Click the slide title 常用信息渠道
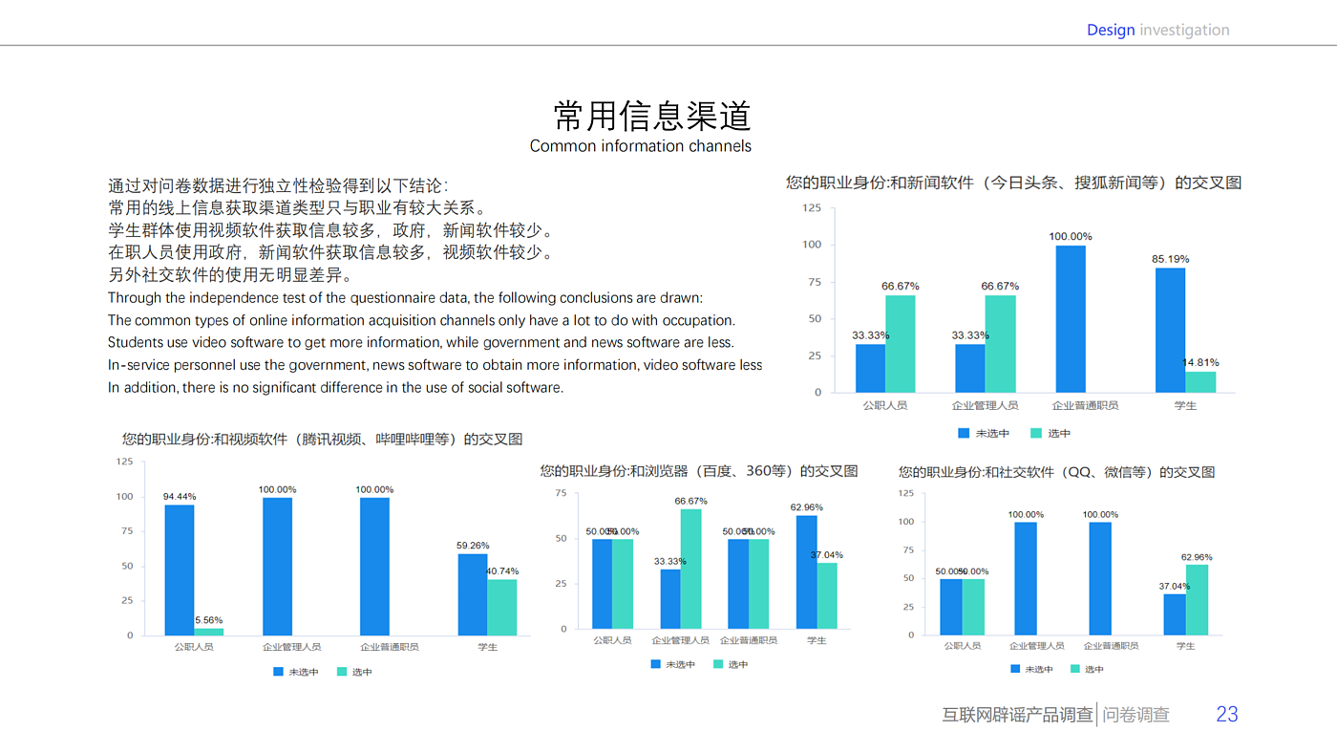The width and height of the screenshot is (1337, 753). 653,116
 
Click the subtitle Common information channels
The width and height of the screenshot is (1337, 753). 640,146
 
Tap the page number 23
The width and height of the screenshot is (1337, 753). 1226,714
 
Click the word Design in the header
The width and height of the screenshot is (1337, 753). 1111,30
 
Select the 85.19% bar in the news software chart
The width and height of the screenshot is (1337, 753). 1170,330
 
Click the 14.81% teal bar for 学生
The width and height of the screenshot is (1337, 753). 1200,381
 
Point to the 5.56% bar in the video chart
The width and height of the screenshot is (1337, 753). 209,632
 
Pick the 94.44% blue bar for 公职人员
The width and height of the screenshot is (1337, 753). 180,570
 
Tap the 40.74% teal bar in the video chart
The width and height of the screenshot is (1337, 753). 501,607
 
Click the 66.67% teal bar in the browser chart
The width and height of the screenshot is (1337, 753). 690,569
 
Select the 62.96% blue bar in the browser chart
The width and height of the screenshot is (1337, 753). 806,571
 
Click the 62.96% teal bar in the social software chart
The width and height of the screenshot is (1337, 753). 1197,599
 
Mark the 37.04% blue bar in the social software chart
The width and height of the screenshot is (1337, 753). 1174,614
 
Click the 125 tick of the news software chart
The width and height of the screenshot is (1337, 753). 811,207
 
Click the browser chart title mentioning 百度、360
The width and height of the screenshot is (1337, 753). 698,471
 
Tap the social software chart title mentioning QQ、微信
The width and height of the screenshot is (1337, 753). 1056,472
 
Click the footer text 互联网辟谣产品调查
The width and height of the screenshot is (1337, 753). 1017,715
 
